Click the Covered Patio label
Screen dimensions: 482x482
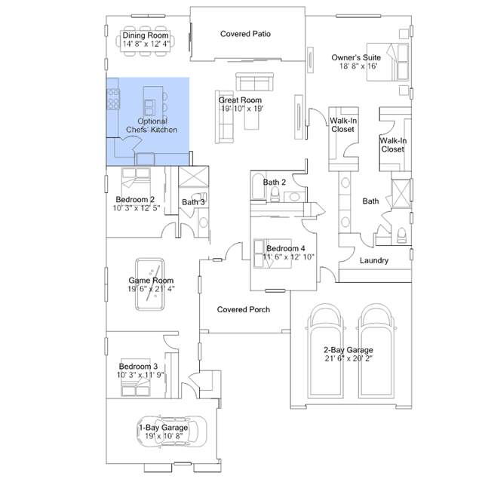tap(245, 34)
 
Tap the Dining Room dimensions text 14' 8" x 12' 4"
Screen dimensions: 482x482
tap(146, 44)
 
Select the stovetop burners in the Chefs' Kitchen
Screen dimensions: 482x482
tap(113, 99)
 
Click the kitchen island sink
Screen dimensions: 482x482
tap(149, 108)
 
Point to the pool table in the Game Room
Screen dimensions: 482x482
tap(149, 284)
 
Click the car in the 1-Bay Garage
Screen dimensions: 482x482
tap(171, 431)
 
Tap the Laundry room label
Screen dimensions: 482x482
tap(374, 261)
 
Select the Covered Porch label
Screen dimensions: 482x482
tap(244, 309)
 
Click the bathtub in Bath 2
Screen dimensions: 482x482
tap(259, 186)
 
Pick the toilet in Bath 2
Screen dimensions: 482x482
tap(275, 195)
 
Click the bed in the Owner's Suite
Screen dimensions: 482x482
tap(388, 62)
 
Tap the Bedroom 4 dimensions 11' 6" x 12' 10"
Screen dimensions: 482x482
tap(289, 257)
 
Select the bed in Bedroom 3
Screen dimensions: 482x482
tap(136, 377)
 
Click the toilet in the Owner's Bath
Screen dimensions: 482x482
tap(401, 235)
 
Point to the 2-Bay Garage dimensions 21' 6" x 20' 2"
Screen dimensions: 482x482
tap(348, 358)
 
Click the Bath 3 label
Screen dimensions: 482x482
tap(193, 202)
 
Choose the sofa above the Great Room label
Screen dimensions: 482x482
tap(254, 81)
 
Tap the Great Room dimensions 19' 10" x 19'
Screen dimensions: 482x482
tap(243, 109)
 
